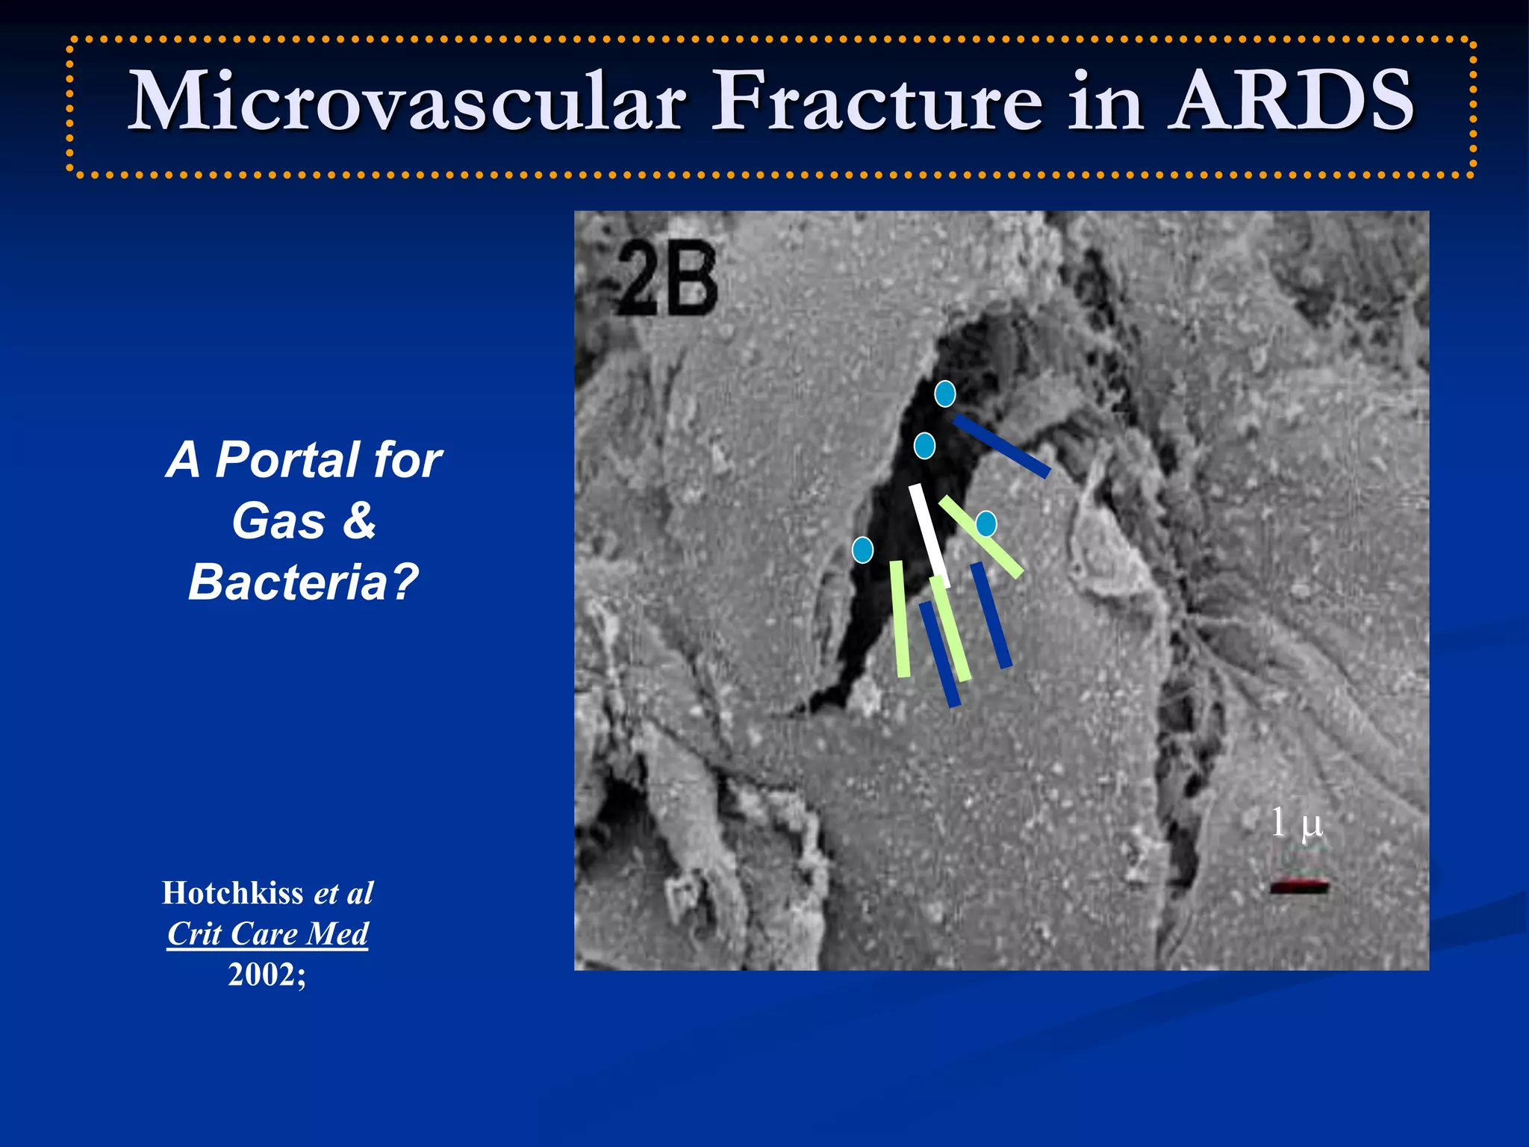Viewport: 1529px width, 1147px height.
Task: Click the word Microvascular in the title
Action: click(407, 101)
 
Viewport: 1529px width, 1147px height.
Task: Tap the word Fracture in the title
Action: click(876, 101)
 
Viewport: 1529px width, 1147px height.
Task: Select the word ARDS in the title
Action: click(1291, 101)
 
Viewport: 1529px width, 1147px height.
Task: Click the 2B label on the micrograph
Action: click(667, 280)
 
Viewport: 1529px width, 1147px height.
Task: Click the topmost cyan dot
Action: click(945, 394)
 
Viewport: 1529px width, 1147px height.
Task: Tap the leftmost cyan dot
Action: click(862, 550)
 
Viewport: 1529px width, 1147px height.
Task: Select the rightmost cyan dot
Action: click(986, 523)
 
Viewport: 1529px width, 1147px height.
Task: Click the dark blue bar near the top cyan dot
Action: click(1001, 446)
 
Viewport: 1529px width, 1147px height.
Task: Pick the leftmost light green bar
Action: click(900, 619)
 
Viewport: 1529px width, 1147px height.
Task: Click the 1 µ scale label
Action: click(1296, 823)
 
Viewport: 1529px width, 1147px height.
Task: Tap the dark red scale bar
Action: click(1299, 886)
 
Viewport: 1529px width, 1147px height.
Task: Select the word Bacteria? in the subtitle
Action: click(303, 582)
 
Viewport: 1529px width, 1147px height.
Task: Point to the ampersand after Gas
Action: click(359, 520)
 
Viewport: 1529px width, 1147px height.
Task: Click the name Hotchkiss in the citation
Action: click(232, 893)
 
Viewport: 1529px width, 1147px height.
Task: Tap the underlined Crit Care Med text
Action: click(267, 933)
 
